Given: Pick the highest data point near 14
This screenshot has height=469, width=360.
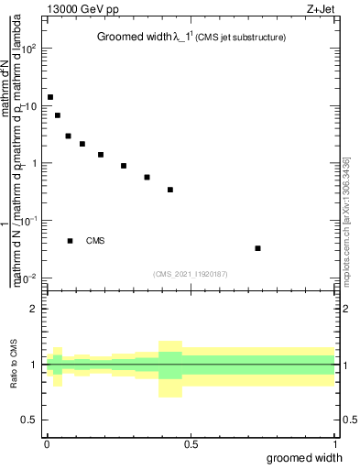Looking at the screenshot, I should pyautogui.click(x=50, y=97).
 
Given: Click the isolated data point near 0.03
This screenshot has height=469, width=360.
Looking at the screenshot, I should pyautogui.click(x=257, y=248).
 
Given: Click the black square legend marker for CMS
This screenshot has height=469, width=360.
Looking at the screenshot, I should pyautogui.click(x=70, y=241).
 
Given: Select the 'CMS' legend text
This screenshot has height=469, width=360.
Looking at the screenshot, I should pyautogui.click(x=95, y=241).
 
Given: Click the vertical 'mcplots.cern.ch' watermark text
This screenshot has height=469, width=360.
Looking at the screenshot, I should pyautogui.click(x=345, y=219).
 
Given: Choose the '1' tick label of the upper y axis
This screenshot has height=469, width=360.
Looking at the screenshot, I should pyautogui.click(x=35, y=163).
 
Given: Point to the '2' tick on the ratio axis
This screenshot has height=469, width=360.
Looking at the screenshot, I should pyautogui.click(x=35, y=309).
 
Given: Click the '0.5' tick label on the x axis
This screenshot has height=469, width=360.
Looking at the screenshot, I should pyautogui.click(x=191, y=443).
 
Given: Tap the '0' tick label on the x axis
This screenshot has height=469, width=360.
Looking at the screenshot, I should pyautogui.click(x=46, y=443).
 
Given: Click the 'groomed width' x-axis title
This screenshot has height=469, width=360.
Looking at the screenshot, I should pyautogui.click(x=305, y=457).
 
